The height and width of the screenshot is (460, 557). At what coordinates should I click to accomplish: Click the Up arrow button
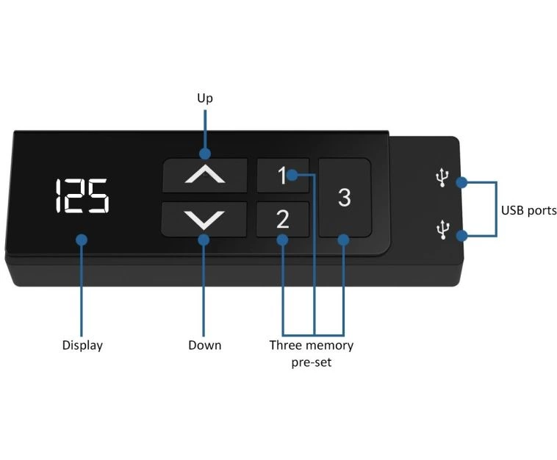(205, 176)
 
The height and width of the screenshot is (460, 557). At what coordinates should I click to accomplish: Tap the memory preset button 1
(283, 176)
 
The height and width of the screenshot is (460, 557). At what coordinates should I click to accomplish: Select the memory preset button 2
(283, 219)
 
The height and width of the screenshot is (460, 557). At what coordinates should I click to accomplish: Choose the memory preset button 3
(345, 198)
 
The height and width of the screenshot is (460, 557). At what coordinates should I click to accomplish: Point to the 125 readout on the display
(82, 196)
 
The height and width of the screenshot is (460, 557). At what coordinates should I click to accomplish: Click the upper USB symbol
(442, 177)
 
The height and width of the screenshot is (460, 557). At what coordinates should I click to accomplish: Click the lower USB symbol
(442, 229)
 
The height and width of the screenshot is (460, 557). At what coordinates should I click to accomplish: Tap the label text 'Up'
(205, 98)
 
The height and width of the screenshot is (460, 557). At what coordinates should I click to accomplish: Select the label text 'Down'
(204, 345)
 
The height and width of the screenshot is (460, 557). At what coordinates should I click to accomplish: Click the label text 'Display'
(82, 345)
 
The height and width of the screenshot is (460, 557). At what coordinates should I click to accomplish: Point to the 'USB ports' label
(528, 210)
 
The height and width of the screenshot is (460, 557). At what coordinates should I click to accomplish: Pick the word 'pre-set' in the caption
(312, 363)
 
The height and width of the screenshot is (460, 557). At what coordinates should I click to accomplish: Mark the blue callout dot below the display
(82, 240)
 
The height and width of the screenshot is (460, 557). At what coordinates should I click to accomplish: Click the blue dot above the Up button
(205, 154)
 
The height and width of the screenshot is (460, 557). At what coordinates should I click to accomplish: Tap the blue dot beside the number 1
(292, 175)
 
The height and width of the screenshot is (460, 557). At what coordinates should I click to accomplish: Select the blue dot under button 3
(343, 240)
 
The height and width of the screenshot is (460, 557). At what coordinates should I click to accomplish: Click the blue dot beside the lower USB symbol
(461, 235)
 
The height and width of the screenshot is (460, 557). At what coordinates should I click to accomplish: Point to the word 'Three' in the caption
(285, 345)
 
